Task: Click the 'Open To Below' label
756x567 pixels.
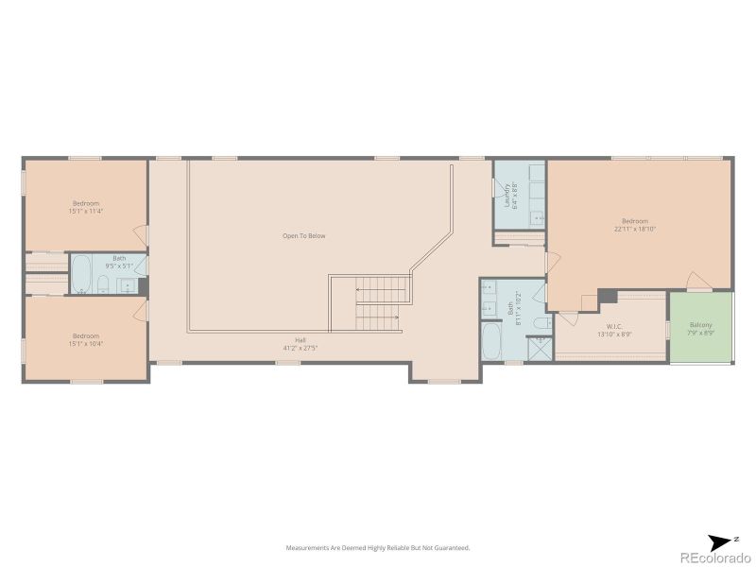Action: tap(303, 235)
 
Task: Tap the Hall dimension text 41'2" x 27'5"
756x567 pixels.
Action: tap(301, 348)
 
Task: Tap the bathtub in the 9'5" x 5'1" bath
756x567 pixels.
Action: tap(81, 274)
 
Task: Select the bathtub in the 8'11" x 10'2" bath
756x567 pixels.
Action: tap(492, 341)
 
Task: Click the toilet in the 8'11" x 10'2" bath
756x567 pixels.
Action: tap(541, 323)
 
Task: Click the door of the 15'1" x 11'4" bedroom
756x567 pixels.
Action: tap(142, 233)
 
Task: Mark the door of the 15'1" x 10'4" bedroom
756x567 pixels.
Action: tap(142, 309)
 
